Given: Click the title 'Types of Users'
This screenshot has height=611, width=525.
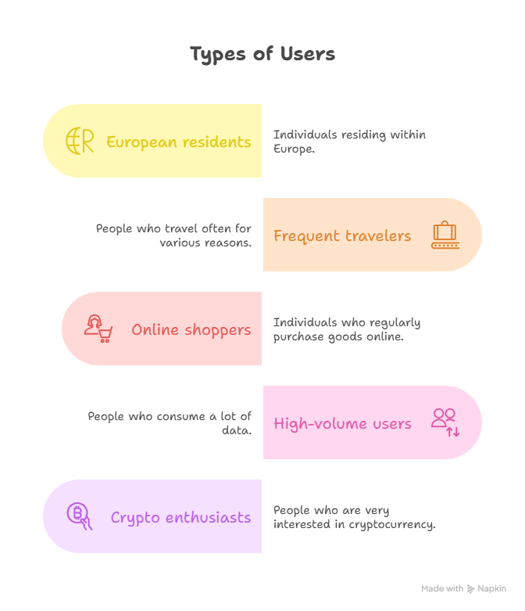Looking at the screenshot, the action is pos(262,54).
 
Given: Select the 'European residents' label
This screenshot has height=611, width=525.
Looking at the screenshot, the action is pos(179,142).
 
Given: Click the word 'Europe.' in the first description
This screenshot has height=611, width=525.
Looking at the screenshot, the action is pos(294,149).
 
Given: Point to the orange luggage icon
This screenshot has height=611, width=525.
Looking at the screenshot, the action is pos(445,235).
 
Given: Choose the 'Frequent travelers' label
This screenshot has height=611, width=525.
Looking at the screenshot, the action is pos(342,235).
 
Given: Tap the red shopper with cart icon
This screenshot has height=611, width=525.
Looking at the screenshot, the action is pos(98,329).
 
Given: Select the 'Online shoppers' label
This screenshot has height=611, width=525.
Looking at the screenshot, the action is pos(191,330).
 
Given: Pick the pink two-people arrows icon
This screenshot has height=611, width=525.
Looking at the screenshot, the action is pos(445,422).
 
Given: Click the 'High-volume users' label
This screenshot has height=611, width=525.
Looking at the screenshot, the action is pos(342,423).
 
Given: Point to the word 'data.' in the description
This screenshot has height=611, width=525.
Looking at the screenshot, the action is pos(237,430).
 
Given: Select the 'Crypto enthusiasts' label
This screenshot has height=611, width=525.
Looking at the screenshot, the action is pos(180,518).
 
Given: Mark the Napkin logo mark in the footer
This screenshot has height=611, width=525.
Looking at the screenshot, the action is pos(470,589).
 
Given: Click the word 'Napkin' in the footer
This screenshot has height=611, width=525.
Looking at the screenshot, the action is pos(492,589).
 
